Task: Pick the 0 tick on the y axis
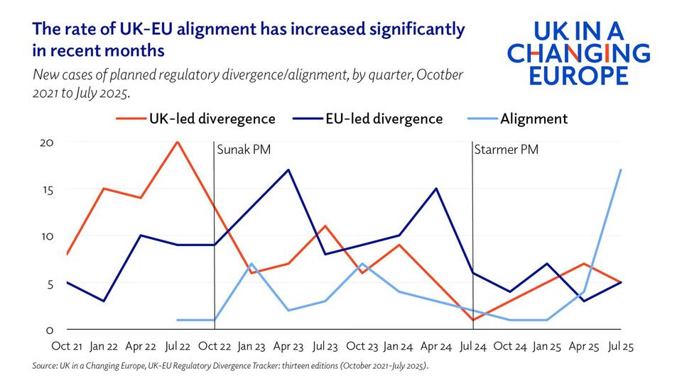click(x=50, y=330)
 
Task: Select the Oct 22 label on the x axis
click(x=215, y=347)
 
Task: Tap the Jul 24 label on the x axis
click(x=472, y=347)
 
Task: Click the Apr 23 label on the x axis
click(x=288, y=347)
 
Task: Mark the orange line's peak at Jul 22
click(x=178, y=142)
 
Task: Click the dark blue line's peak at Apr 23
click(x=288, y=170)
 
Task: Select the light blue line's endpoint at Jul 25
click(x=621, y=170)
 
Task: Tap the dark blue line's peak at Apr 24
click(x=436, y=189)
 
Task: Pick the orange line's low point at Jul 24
click(x=472, y=320)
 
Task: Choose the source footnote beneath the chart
click(x=231, y=367)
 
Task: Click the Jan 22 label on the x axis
click(x=104, y=347)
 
